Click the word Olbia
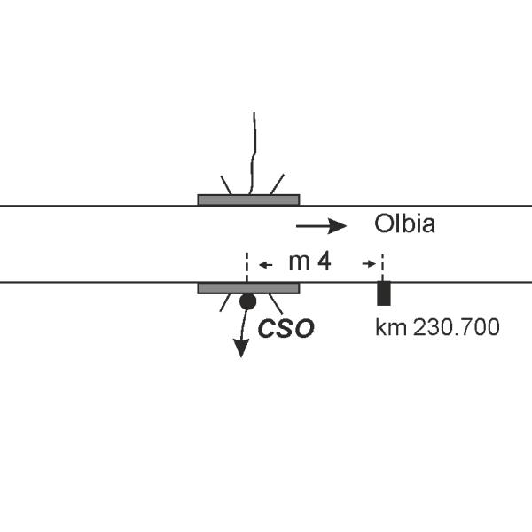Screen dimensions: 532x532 click(404, 223)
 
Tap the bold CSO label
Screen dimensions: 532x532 click(286, 328)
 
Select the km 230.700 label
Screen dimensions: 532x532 click(437, 327)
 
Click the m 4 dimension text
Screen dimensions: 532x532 click(309, 262)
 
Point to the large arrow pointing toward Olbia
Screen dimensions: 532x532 click(321, 226)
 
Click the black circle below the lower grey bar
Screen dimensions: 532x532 click(247, 301)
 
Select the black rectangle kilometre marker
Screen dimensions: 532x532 click(384, 293)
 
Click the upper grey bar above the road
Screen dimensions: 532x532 click(248, 199)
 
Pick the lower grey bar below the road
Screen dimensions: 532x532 click(248, 288)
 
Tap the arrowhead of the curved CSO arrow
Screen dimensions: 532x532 click(241, 348)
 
